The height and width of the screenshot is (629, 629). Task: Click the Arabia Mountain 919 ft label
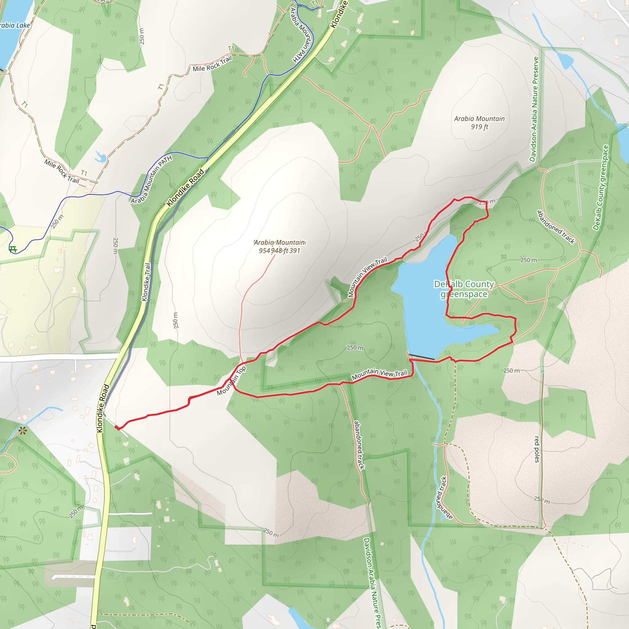click(479, 123)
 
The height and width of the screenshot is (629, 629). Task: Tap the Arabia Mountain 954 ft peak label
click(279, 246)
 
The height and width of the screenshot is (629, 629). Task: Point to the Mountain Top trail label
click(231, 381)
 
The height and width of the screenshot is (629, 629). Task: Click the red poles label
click(537, 449)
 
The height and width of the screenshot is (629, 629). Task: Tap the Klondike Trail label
click(147, 282)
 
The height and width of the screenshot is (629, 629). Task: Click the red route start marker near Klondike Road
click(117, 428)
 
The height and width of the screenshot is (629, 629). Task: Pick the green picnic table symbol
click(13, 249)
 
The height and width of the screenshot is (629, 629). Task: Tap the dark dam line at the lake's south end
click(421, 357)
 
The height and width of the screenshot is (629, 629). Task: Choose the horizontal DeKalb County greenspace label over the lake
click(464, 289)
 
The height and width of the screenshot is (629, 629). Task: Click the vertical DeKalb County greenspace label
click(601, 188)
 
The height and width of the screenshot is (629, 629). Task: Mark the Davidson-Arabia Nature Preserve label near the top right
click(534, 109)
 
